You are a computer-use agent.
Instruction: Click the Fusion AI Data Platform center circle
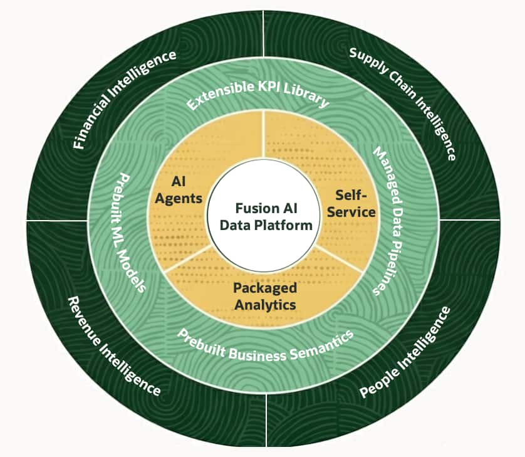pyautogui.click(x=264, y=216)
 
